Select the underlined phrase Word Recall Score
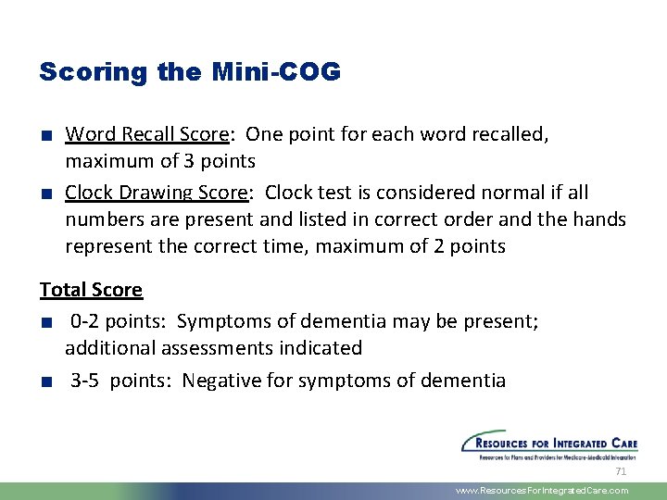146,134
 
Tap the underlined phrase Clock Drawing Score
155,193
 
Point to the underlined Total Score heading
91,290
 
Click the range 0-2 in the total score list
85,321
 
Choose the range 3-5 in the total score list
86,381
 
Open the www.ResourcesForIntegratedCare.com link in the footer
542,491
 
